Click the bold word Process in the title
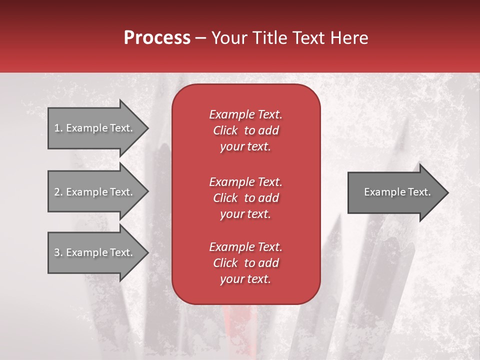(157, 38)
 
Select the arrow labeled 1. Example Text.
(95, 128)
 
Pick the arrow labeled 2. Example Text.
(95, 192)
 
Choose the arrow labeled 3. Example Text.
(95, 252)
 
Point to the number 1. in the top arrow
(58, 128)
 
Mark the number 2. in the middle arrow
(58, 192)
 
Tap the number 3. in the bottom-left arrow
(58, 252)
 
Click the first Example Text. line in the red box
(245, 114)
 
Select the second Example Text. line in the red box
(245, 181)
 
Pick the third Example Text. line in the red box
(245, 247)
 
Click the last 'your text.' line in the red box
(245, 279)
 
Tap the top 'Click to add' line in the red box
(245, 130)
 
